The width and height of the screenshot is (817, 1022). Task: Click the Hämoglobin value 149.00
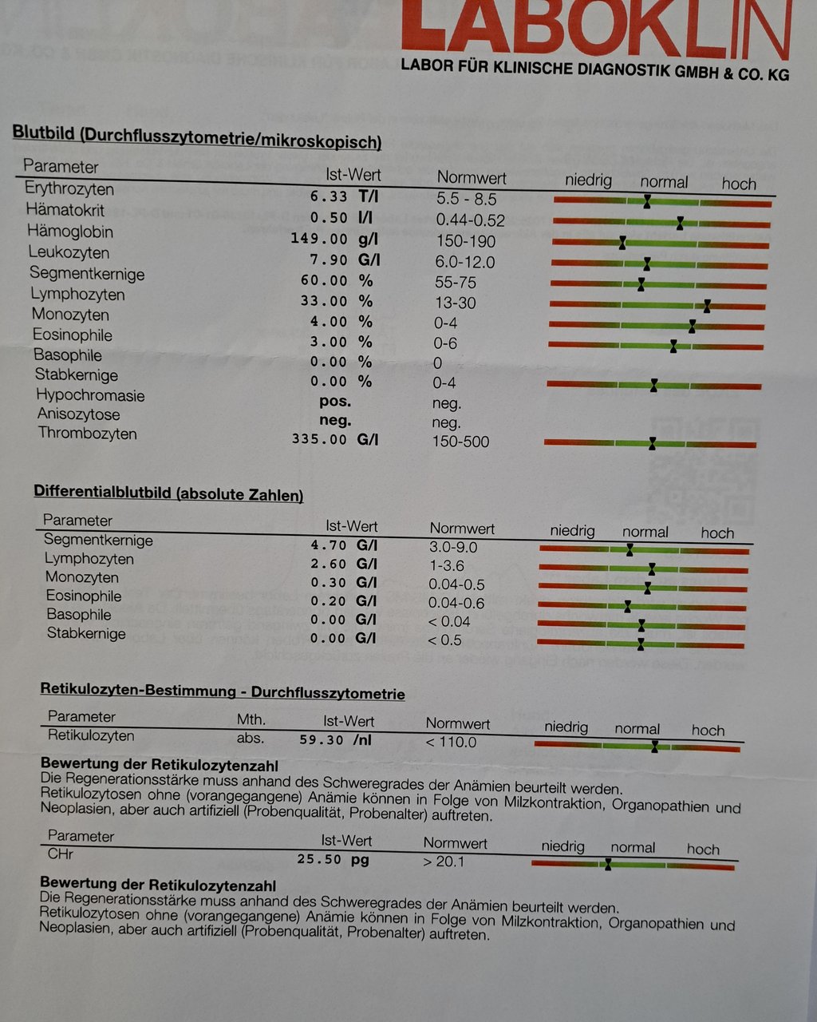[319, 239]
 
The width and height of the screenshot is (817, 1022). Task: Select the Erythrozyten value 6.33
[329, 196]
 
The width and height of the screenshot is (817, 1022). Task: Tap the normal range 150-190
[466, 241]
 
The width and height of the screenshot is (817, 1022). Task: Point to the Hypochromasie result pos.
[335, 402]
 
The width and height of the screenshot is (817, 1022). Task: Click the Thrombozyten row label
[87, 433]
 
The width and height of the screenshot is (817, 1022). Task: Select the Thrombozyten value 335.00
[319, 439]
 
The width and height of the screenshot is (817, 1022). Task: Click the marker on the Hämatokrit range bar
[680, 223]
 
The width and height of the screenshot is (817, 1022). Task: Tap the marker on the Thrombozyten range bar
[653, 444]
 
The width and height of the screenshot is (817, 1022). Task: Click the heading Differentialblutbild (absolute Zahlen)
[168, 493]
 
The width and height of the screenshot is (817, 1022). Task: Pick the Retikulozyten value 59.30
[322, 740]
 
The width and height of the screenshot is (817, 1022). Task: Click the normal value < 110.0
[451, 741]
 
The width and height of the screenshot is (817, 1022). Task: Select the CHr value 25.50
[319, 859]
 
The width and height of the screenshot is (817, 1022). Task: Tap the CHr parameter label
[61, 854]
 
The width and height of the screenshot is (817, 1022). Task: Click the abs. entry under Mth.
[251, 739]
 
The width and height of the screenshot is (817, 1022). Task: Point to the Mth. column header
[251, 719]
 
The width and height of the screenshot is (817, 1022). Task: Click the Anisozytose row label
[79, 414]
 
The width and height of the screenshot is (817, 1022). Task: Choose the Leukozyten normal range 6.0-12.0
[465, 262]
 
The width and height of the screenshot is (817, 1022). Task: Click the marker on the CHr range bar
[608, 864]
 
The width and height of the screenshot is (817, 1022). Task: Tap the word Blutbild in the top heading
[44, 133]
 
